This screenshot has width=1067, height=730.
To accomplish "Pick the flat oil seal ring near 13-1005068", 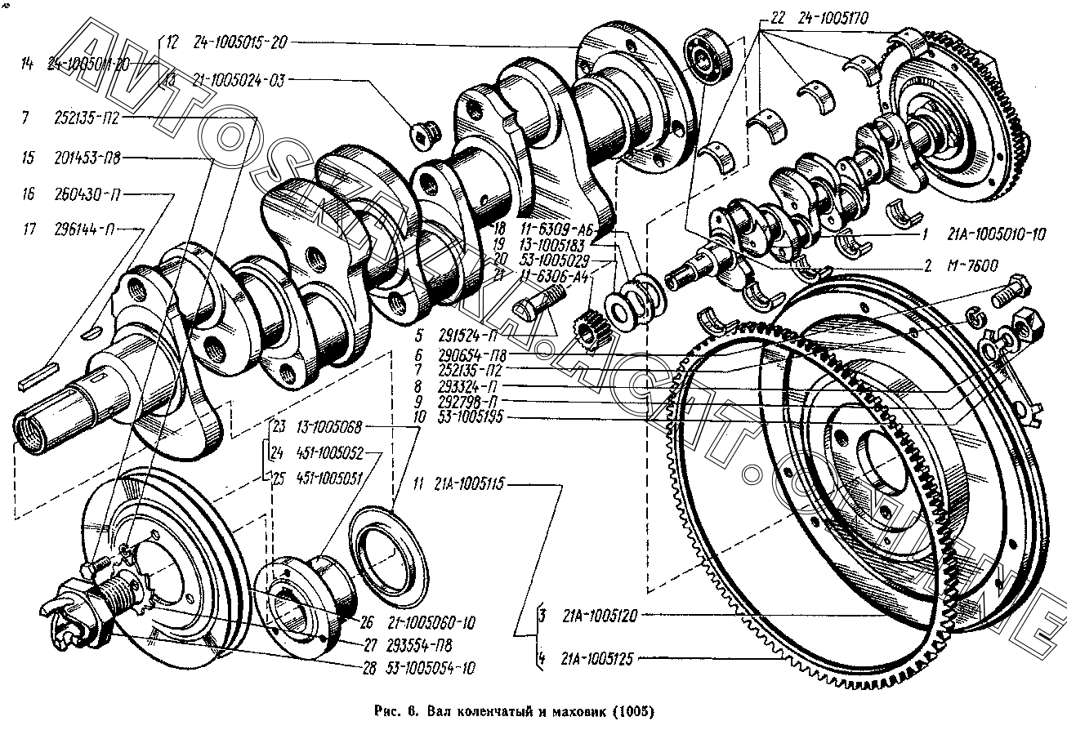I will pyautogui.click(x=388, y=550).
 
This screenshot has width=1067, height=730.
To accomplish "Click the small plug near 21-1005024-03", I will pyautogui.click(x=425, y=131).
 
